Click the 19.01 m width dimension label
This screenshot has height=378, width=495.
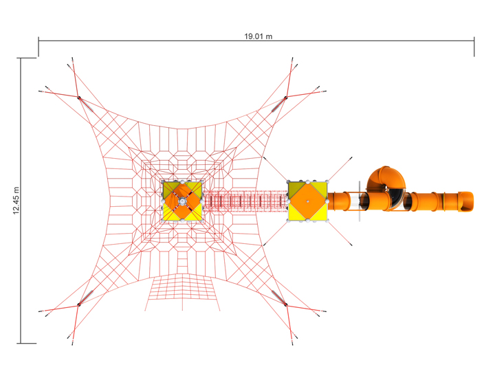point(258,36)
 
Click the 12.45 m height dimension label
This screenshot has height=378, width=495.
point(16,200)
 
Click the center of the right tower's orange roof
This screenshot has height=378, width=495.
point(307,201)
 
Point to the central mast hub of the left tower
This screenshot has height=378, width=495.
point(183,201)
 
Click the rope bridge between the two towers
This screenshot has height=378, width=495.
point(245,201)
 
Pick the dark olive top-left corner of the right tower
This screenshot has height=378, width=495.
point(295,188)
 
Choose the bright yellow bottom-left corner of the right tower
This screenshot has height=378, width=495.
point(295,214)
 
